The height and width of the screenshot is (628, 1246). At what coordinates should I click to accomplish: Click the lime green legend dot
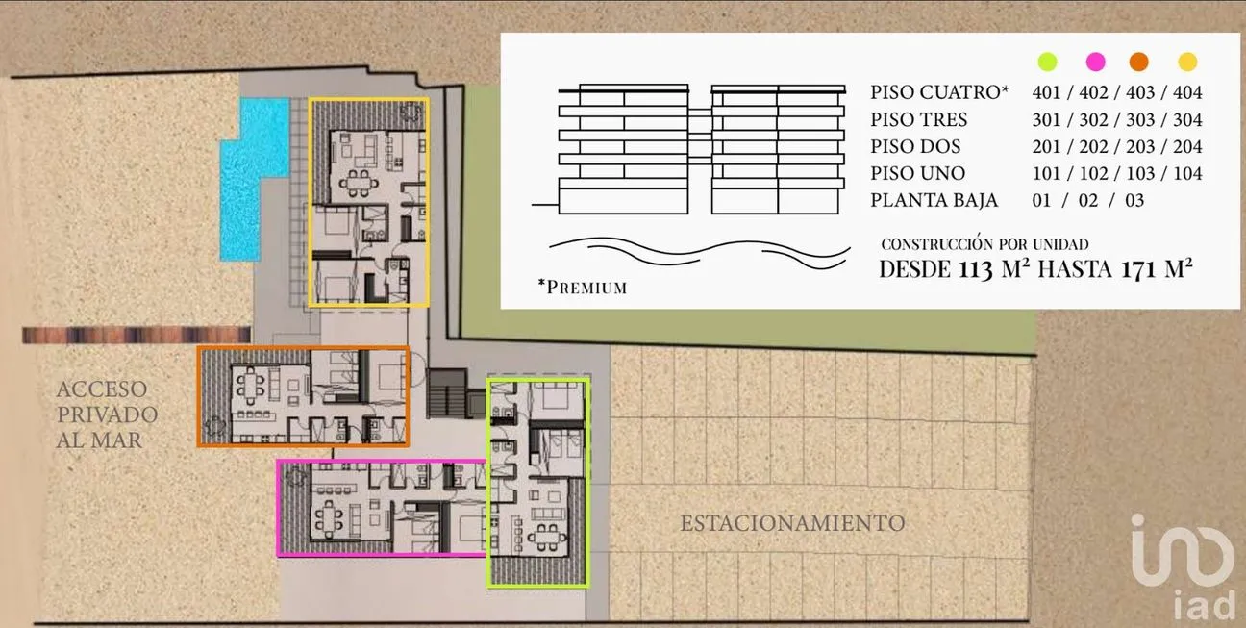(1047, 62)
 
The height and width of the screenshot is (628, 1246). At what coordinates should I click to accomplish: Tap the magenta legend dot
(1095, 62)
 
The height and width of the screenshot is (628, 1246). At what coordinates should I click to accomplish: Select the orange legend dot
(1138, 62)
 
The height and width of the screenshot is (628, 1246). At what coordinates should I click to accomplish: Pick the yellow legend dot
(1187, 62)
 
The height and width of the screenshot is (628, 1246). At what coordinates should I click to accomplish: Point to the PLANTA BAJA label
(934, 200)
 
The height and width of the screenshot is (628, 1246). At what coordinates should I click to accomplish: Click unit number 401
(1046, 92)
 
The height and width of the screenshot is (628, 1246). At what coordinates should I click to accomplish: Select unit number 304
(1187, 119)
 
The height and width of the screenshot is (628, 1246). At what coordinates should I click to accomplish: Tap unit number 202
(1093, 146)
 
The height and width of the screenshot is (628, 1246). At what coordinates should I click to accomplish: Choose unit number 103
(1140, 173)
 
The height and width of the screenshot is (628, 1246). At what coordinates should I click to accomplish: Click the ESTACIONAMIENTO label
(792, 523)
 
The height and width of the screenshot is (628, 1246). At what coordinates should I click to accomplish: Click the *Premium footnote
(583, 287)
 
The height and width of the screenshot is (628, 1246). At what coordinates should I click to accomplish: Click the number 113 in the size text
(976, 269)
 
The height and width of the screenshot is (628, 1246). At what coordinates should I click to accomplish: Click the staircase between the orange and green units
(447, 393)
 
